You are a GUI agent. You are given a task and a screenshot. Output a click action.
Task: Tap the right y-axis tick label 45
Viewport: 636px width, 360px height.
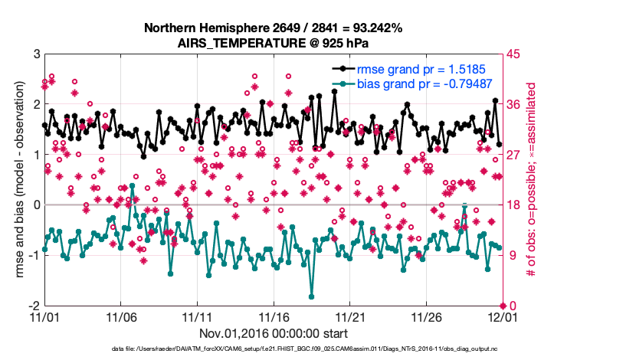(514, 54)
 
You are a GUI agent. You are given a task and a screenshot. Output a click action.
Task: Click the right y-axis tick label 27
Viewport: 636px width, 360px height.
(514, 155)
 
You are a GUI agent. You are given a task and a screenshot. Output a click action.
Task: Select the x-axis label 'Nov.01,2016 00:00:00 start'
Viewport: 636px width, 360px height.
(274, 333)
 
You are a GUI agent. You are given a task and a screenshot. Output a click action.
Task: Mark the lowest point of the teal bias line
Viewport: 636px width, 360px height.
(312, 296)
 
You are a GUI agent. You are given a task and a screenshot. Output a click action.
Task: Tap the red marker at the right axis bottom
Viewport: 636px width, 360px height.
(503, 306)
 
